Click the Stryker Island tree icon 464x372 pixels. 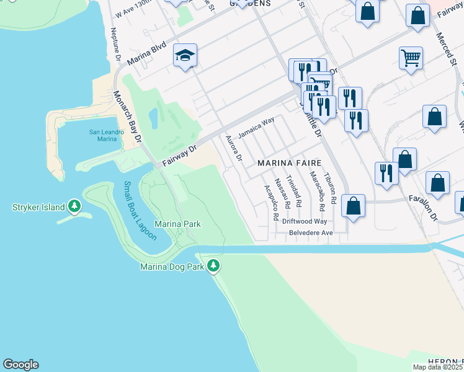tap(74, 206)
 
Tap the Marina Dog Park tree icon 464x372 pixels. tap(214, 267)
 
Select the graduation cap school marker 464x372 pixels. tap(185, 56)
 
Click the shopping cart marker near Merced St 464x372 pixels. tap(411, 58)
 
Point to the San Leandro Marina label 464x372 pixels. tap(103, 135)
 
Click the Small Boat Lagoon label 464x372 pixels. tap(139, 211)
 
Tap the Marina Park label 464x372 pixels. tap(177, 224)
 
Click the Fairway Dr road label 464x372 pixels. tap(179, 156)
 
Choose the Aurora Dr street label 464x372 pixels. tap(233, 148)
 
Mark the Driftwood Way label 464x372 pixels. tap(304, 221)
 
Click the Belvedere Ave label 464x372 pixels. tap(311, 233)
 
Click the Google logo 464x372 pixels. tap(20, 365)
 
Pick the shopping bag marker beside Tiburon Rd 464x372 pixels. tap(353, 206)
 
